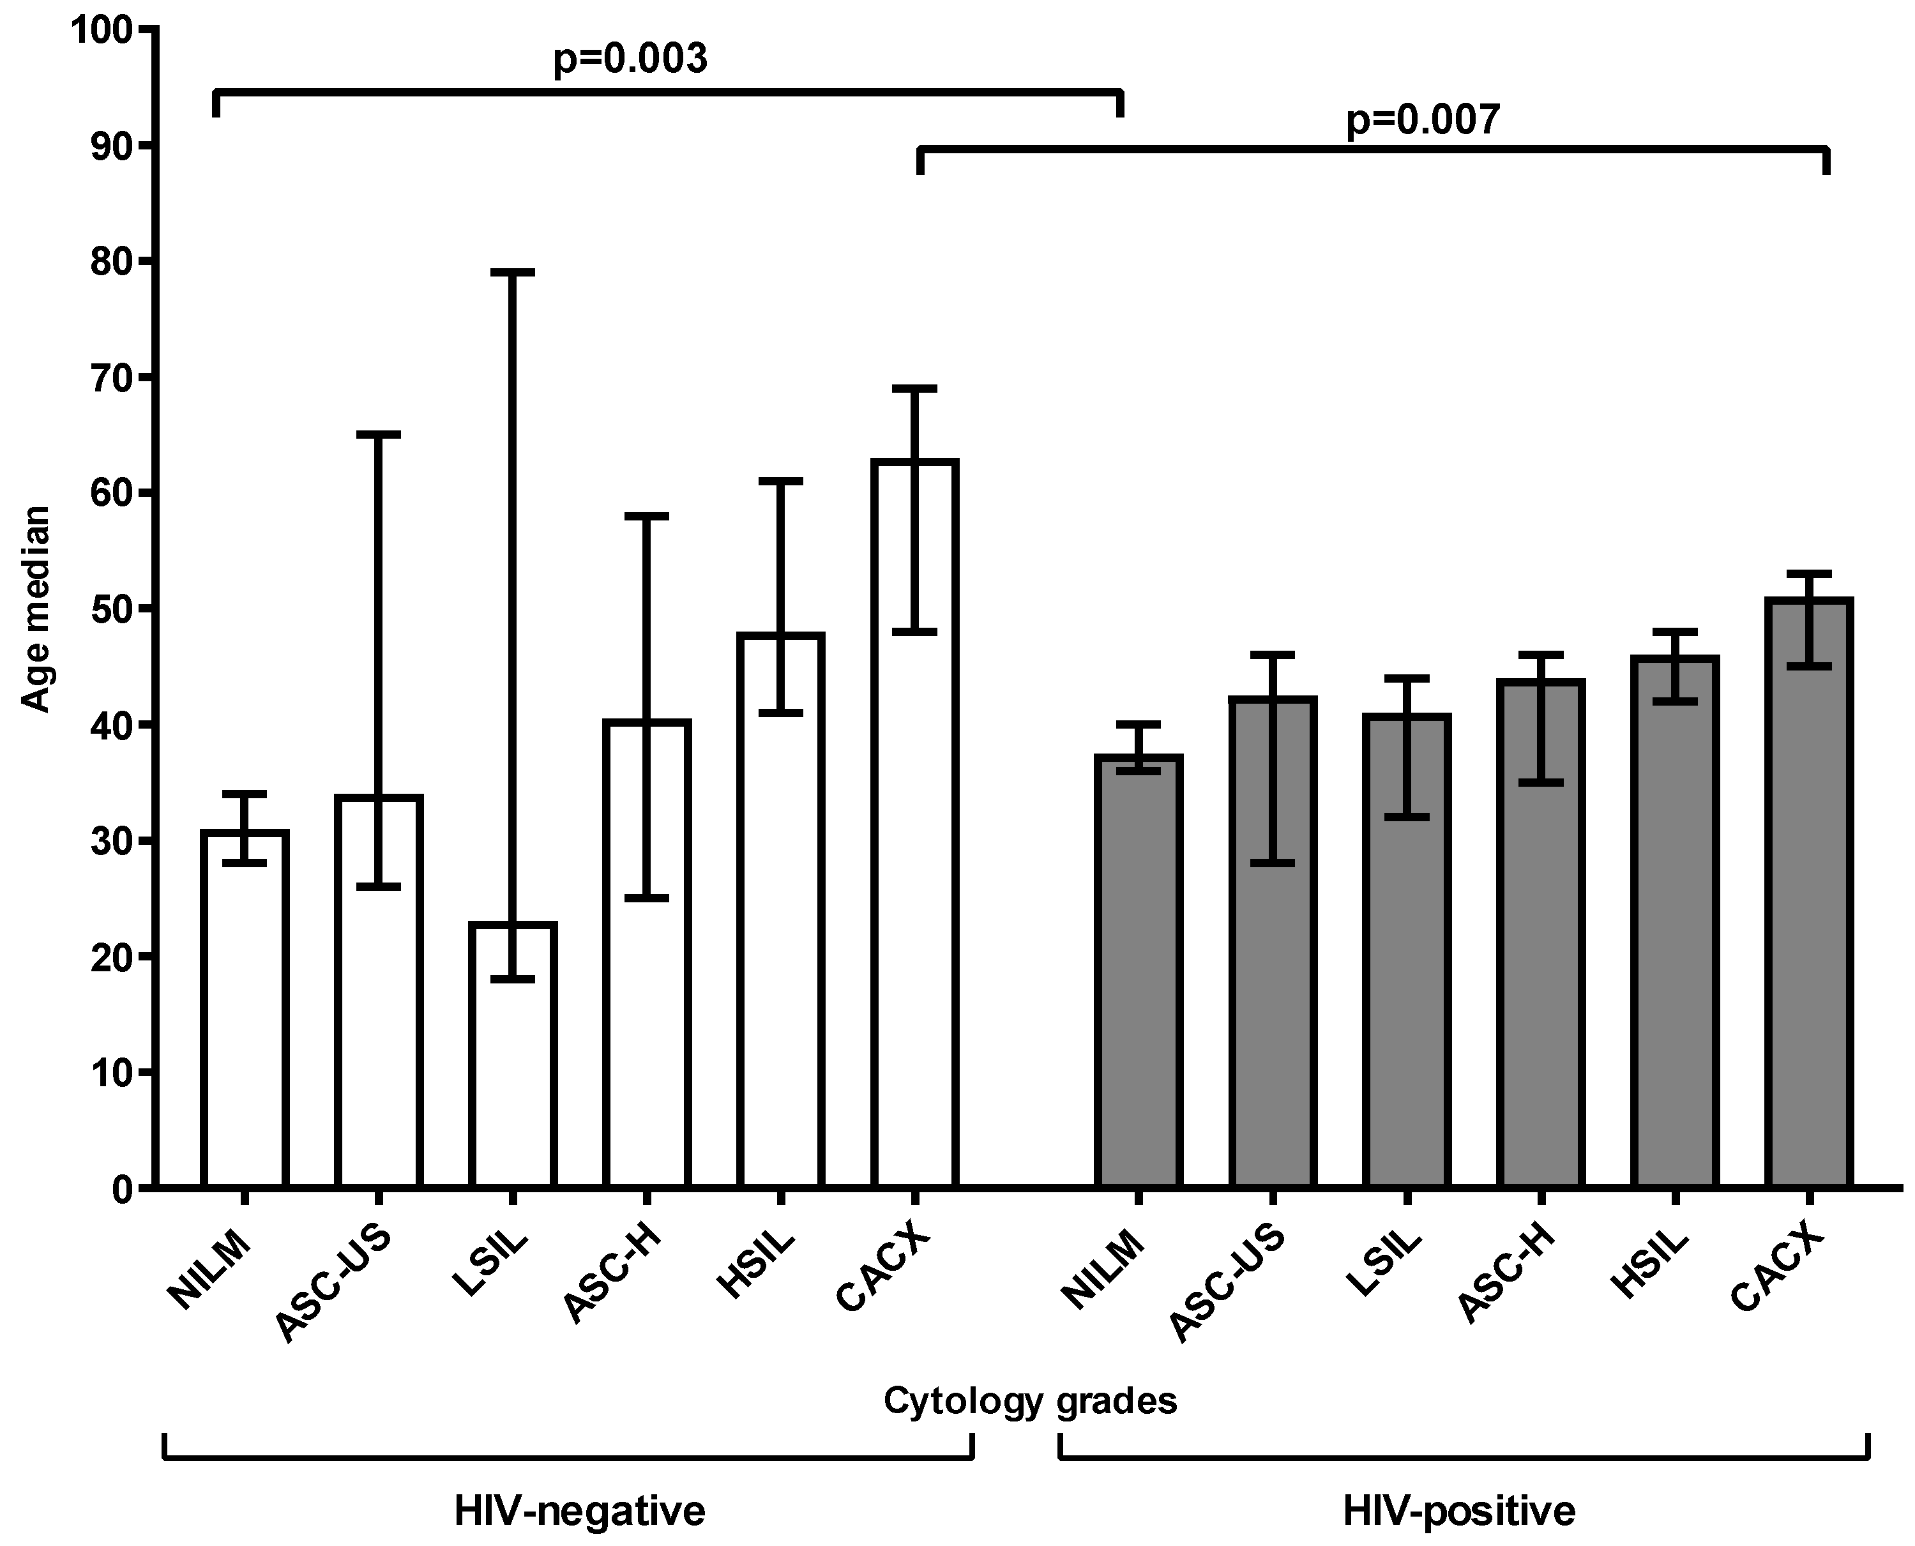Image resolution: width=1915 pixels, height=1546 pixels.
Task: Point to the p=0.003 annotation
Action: pyautogui.click(x=630, y=59)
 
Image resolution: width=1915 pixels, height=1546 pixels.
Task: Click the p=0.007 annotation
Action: pyautogui.click(x=1422, y=119)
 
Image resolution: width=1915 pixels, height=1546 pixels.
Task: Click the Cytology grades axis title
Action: pyautogui.click(x=1029, y=1402)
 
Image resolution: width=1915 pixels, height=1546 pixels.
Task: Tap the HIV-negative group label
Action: pyautogui.click(x=580, y=1512)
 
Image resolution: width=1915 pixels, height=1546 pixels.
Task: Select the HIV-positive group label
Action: pyautogui.click(x=1458, y=1512)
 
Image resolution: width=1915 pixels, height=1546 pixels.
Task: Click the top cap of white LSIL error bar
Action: pyautogui.click(x=513, y=273)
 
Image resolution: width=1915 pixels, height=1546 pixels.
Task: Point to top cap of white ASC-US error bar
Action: pyautogui.click(x=379, y=435)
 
